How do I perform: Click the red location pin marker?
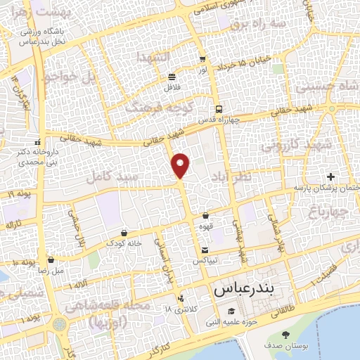(181, 165)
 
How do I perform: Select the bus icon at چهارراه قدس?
(219, 109)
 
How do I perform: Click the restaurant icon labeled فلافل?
(172, 77)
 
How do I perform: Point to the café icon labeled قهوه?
(205, 216)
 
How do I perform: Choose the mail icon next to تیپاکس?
(205, 250)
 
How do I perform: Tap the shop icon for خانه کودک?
(124, 233)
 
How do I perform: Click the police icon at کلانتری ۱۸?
(181, 298)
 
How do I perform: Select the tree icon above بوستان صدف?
(285, 335)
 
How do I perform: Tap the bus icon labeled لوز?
(202, 60)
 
